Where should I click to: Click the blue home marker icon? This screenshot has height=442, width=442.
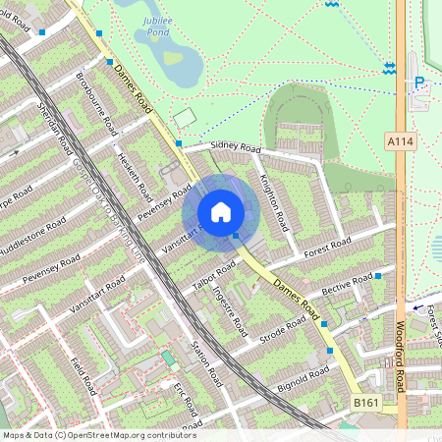(221, 212)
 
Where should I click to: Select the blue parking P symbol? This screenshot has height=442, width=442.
(420, 84)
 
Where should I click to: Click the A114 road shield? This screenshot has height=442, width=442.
(400, 142)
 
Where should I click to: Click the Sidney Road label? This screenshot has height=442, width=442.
(237, 148)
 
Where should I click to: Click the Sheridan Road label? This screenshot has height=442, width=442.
(54, 127)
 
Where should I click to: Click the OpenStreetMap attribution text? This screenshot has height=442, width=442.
(99, 434)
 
